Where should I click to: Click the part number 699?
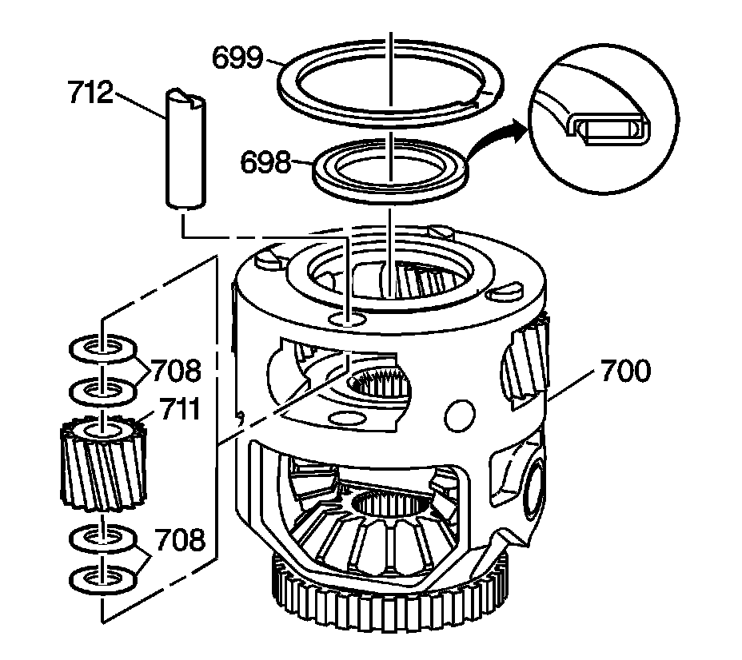click(237, 58)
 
